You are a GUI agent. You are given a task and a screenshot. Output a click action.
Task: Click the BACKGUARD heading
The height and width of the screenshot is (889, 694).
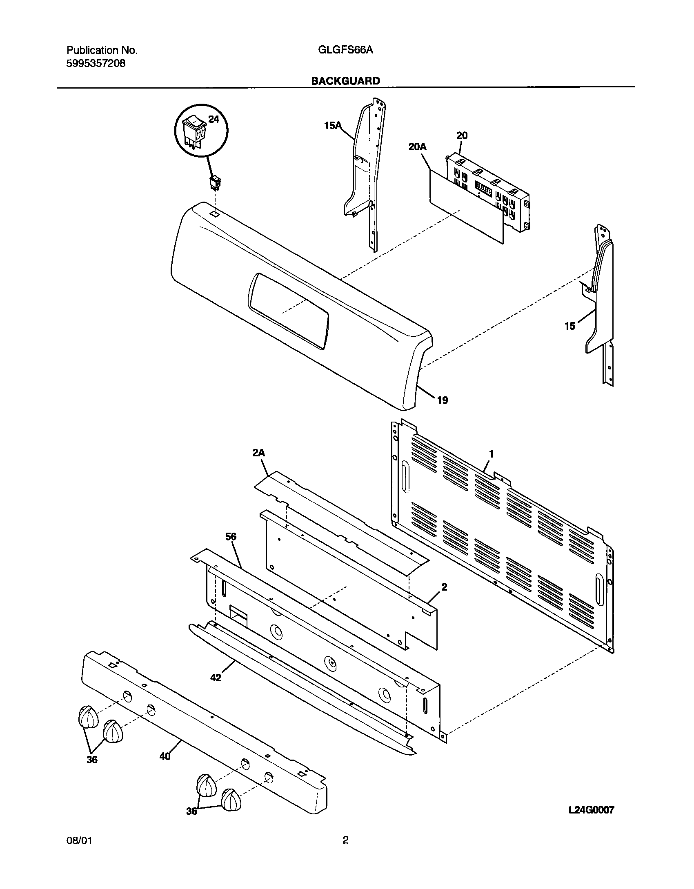[x=345, y=81]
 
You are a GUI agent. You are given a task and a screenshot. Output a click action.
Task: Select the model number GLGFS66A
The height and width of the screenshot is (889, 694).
[x=345, y=50]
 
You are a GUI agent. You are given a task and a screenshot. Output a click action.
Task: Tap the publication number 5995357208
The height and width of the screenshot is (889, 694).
[x=96, y=64]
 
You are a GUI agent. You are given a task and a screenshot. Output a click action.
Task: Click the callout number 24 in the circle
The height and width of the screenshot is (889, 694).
[x=214, y=119]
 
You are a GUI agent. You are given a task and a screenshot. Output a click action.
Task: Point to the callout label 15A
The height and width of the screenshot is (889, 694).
[x=332, y=126]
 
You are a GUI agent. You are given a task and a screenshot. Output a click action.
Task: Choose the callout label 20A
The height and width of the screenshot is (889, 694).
[x=417, y=147]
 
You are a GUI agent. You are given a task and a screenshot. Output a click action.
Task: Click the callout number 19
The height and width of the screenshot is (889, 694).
[x=443, y=400]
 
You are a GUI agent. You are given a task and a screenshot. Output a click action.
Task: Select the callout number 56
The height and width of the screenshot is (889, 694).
[x=231, y=537]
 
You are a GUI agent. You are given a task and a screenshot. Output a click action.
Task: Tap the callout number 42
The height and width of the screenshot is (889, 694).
[x=216, y=678]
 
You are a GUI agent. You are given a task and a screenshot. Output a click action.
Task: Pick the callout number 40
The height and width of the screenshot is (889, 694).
[x=165, y=756]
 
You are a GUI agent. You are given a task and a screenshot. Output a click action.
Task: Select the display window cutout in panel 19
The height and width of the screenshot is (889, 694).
[x=288, y=311]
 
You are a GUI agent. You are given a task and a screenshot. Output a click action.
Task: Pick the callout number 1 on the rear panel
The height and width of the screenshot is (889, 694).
[x=492, y=454]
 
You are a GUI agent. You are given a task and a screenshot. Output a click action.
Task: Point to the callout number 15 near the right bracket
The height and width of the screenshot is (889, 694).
[x=570, y=326]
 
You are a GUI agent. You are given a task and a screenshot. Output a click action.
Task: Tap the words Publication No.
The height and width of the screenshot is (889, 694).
[x=102, y=50]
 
